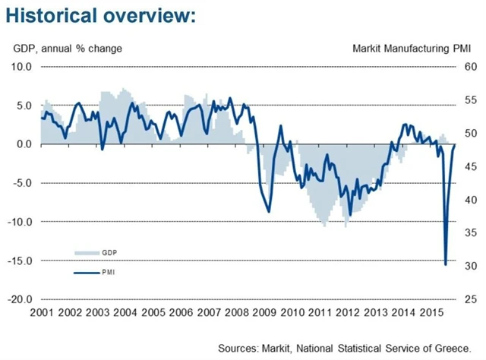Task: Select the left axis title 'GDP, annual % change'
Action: tap(68, 49)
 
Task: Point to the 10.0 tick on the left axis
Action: tap(21, 67)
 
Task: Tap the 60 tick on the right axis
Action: tap(471, 67)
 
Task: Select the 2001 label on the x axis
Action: tap(42, 313)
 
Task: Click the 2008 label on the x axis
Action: tap(237, 313)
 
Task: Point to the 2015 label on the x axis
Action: tap(432, 313)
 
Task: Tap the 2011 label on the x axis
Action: tap(320, 313)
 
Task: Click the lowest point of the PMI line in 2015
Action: tap(446, 264)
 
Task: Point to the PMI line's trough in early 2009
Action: tap(270, 211)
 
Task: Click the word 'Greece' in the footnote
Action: tap(452, 347)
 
